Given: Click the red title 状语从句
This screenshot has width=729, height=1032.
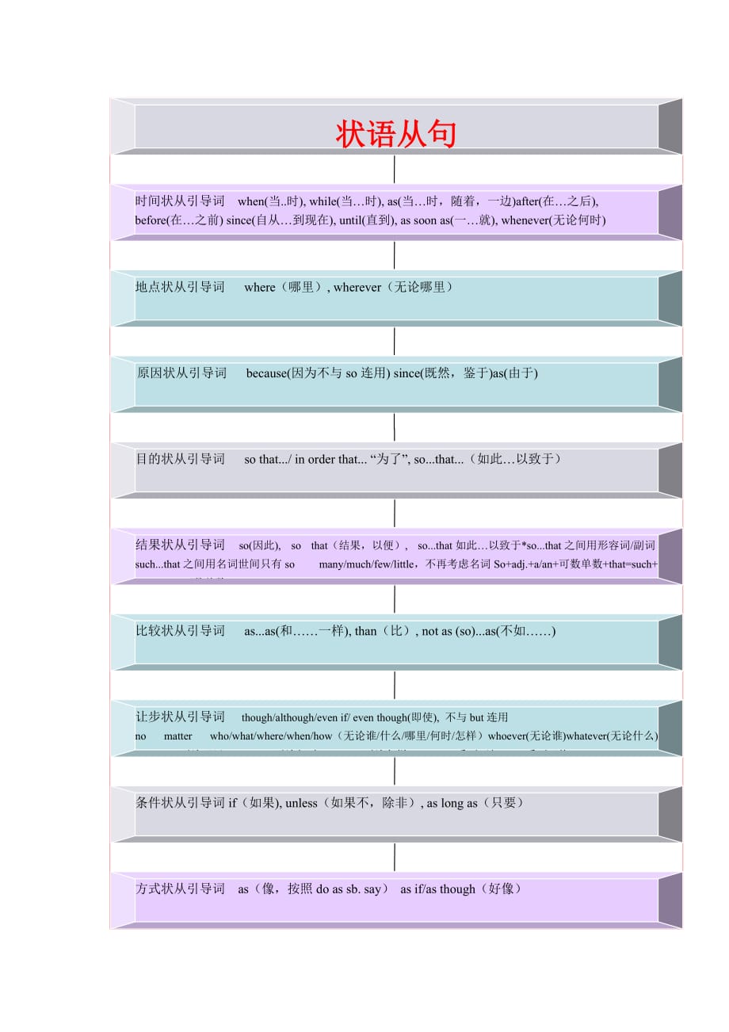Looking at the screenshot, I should (396, 134).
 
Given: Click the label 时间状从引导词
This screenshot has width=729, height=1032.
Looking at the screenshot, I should (180, 201).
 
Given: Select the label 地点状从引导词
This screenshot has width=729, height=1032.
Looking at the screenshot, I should (180, 287).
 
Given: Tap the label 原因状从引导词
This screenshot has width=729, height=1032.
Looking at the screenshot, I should (181, 373).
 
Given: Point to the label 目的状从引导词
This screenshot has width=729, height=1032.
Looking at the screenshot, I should (181, 459).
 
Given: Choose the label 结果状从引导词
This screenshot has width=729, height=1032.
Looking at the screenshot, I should (180, 545).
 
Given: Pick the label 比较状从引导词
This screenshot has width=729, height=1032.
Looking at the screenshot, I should (180, 631).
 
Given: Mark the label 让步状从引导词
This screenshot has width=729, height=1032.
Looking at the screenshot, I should (180, 717).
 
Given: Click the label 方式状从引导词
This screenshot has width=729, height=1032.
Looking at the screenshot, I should (180, 889).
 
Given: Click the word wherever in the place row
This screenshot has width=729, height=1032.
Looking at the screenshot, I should (357, 287).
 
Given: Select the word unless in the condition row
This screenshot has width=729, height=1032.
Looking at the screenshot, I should (301, 803).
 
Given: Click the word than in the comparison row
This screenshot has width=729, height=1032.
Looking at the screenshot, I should (365, 631).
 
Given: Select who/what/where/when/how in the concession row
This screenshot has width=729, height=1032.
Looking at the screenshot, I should (271, 736).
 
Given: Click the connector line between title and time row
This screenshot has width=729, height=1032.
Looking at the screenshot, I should (395, 170).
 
